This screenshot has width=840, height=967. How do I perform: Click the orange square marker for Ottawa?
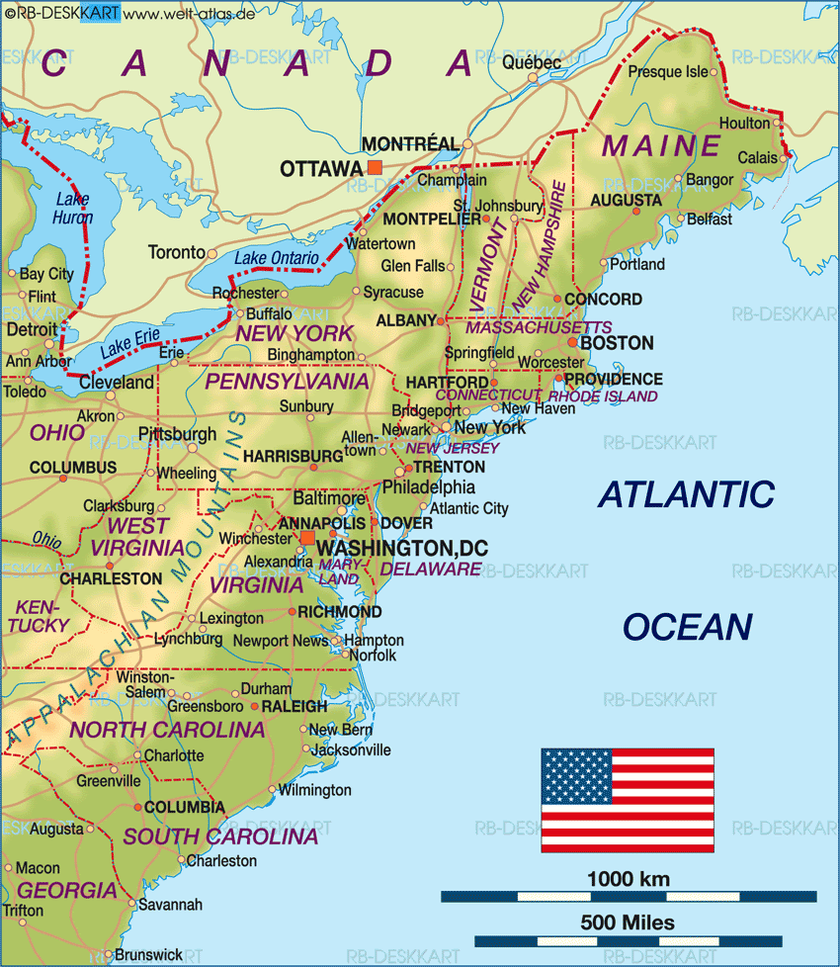374,168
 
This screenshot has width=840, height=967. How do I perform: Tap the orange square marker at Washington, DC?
307,538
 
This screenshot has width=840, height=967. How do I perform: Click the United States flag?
628,800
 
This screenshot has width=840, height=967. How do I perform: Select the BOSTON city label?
616,343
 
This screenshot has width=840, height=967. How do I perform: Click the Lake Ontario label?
277,258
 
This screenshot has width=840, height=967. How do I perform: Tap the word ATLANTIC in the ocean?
686,493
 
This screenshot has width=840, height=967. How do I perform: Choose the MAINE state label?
662,145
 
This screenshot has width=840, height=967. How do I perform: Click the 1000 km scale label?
628,878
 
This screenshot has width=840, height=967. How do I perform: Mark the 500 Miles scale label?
628,923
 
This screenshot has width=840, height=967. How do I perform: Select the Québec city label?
532,62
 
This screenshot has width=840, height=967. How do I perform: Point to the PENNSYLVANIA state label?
287,381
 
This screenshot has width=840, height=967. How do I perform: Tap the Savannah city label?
170,904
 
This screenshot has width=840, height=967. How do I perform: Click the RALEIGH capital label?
294,706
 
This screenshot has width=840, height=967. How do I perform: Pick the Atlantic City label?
469,508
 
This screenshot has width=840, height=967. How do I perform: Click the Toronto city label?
177,252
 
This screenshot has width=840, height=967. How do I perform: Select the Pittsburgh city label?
177,433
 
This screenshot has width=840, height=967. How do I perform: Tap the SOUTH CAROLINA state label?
220,836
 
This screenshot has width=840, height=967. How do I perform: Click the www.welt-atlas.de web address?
187,13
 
